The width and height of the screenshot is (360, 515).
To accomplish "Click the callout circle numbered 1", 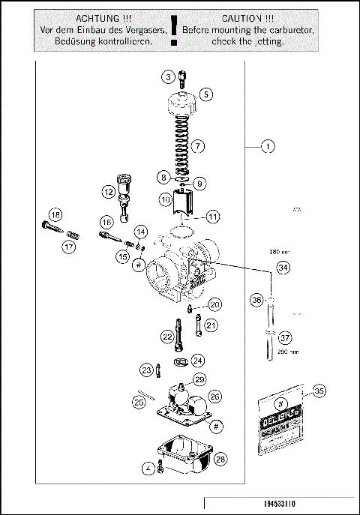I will [267, 147].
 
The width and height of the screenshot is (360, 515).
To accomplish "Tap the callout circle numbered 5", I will [205, 94].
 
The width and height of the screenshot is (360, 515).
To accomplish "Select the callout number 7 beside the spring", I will [198, 145].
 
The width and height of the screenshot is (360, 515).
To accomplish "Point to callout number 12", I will [109, 192].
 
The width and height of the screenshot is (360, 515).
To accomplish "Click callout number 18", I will [54, 215].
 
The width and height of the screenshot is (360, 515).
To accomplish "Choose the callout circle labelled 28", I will [220, 457].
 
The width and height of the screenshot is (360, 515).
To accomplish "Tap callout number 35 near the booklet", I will [319, 390].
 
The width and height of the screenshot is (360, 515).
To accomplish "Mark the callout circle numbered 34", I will [282, 267].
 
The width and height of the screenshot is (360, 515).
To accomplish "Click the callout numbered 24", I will [197, 360].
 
